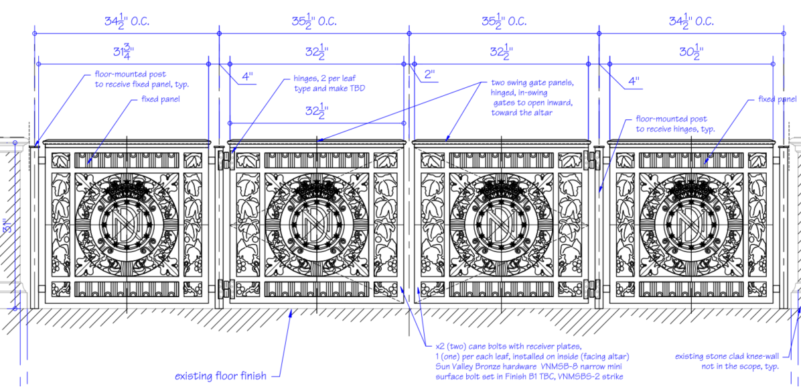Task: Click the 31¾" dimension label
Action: (x=123, y=51)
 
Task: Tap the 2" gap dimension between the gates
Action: (x=429, y=74)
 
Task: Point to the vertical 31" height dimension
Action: (x=5, y=225)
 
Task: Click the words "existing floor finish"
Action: (x=221, y=376)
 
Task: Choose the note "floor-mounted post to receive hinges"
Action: (x=675, y=124)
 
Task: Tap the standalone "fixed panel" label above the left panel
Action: (x=161, y=99)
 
